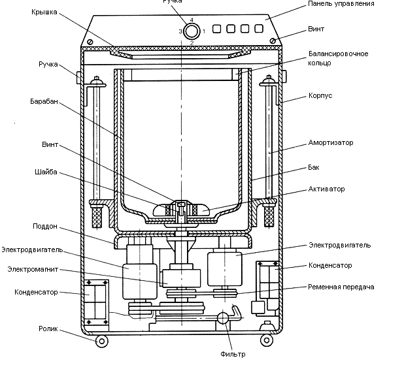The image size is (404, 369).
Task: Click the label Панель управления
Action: [341, 4]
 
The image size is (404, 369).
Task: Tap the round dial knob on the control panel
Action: [192, 31]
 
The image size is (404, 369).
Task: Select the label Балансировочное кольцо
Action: [338, 58]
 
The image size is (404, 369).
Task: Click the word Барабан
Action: [44, 101]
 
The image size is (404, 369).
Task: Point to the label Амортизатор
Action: [331, 142]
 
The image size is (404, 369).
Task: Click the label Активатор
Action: [326, 189]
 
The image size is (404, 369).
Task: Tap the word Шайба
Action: [46, 172]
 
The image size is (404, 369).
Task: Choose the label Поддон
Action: [45, 227]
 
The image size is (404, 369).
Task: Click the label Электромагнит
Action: [33, 269]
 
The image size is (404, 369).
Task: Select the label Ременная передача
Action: [341, 287]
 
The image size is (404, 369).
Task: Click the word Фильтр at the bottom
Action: [233, 354]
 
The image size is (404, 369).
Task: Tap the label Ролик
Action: [48, 329]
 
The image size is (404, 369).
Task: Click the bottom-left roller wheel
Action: [102, 341]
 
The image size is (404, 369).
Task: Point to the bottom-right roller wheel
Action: [267, 340]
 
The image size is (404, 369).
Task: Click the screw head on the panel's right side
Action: [273, 40]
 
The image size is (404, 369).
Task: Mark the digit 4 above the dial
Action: [192, 20]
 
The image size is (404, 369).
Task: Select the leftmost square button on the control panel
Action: [216, 29]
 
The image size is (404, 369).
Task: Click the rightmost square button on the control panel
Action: [259, 28]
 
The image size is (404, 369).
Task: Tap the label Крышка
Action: [44, 12]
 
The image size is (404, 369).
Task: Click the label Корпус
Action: [320, 96]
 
